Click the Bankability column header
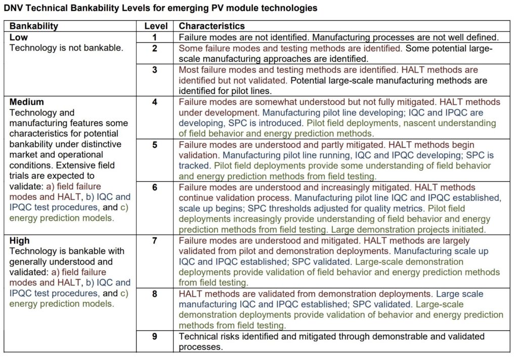coord(34,26)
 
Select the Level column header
coord(155,26)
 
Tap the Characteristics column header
coord(212,26)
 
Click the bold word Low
coord(19,37)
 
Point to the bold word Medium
coord(27,102)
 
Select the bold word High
coord(20,241)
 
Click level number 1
coord(155,37)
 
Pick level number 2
coord(155,49)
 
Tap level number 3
coord(155,70)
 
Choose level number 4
coord(155,102)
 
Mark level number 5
coord(155,145)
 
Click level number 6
coord(155,187)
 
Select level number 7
coord(155,241)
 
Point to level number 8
coord(155,294)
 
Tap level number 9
coord(155,336)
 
